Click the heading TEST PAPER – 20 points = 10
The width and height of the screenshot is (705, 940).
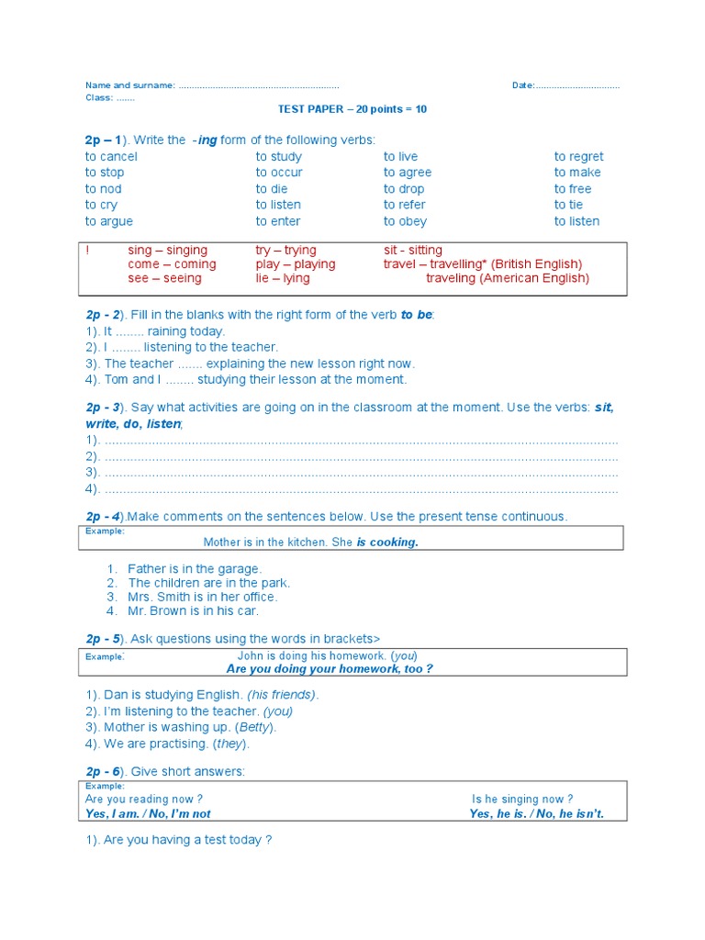click(x=352, y=109)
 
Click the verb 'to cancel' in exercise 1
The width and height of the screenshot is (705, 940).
click(x=111, y=157)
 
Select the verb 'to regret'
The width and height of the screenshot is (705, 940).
click(x=578, y=157)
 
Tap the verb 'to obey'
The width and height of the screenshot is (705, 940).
click(x=405, y=221)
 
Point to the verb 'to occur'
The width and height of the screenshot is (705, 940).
click(x=279, y=173)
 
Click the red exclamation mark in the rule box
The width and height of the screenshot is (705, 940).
click(x=87, y=251)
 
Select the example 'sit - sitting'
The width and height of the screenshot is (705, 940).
click(x=412, y=251)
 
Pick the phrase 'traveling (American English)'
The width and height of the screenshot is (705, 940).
click(x=508, y=278)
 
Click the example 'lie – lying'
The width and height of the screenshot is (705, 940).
click(x=283, y=278)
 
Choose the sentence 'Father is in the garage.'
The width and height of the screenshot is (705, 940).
click(x=195, y=569)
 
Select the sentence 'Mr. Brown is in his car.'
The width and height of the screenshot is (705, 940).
click(x=194, y=610)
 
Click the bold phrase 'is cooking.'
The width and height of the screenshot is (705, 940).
click(x=387, y=543)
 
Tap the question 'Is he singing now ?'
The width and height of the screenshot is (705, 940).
click(x=522, y=800)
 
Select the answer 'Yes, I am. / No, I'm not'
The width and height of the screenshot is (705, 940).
click(x=148, y=814)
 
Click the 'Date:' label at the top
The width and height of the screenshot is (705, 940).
click(x=523, y=85)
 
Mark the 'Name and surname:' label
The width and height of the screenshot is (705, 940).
click(x=129, y=85)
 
